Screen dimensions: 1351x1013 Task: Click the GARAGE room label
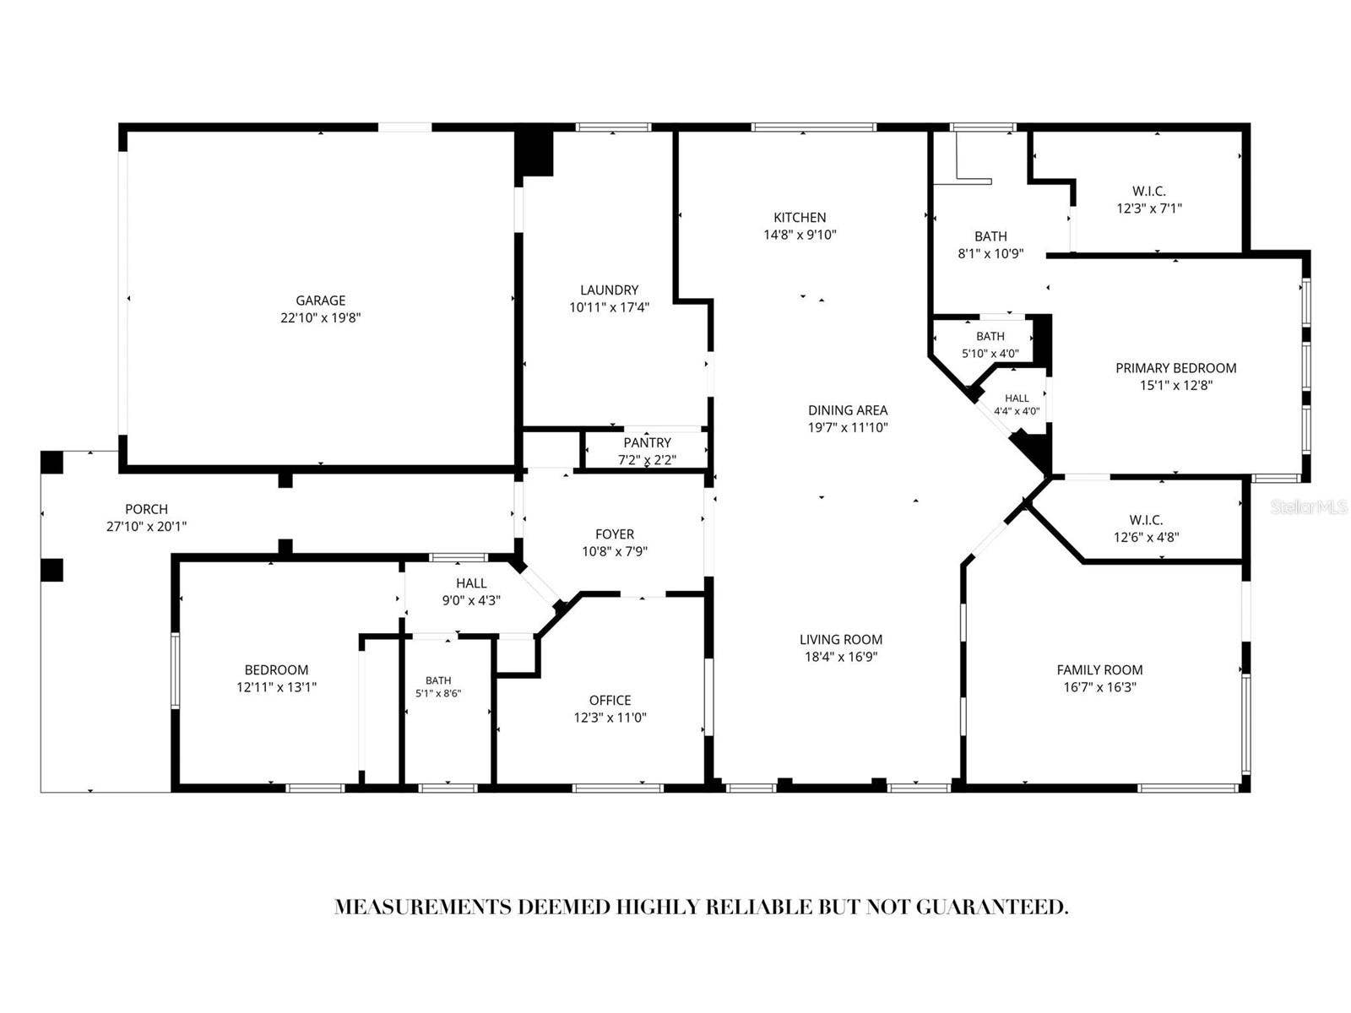(x=320, y=301)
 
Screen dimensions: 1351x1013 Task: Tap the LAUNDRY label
(x=609, y=290)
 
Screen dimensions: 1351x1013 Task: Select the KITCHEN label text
(x=800, y=217)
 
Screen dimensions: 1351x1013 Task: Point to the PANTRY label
(x=647, y=442)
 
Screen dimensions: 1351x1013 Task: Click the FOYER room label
(x=614, y=534)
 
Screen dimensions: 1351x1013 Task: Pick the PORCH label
(x=146, y=509)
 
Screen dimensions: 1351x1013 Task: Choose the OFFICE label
(x=610, y=700)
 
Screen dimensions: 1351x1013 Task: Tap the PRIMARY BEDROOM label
(x=1175, y=368)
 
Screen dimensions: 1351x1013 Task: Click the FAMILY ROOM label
(x=1099, y=669)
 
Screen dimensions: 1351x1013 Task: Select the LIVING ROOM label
(x=841, y=639)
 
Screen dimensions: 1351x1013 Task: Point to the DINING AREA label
(x=848, y=409)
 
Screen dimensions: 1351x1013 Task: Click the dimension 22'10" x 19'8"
(x=320, y=317)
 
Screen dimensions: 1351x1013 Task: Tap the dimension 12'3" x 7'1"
(x=1149, y=208)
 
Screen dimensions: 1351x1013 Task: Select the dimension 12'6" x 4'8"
(x=1146, y=537)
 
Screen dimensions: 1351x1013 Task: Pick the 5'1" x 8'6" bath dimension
(x=438, y=693)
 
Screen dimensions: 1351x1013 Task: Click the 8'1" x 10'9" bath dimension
(x=990, y=252)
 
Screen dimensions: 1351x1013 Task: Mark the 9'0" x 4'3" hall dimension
(x=471, y=600)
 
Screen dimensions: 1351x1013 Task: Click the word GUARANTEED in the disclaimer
(x=991, y=907)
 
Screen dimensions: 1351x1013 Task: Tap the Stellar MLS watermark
(x=1307, y=506)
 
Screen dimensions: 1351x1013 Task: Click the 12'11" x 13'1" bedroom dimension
(x=276, y=687)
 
